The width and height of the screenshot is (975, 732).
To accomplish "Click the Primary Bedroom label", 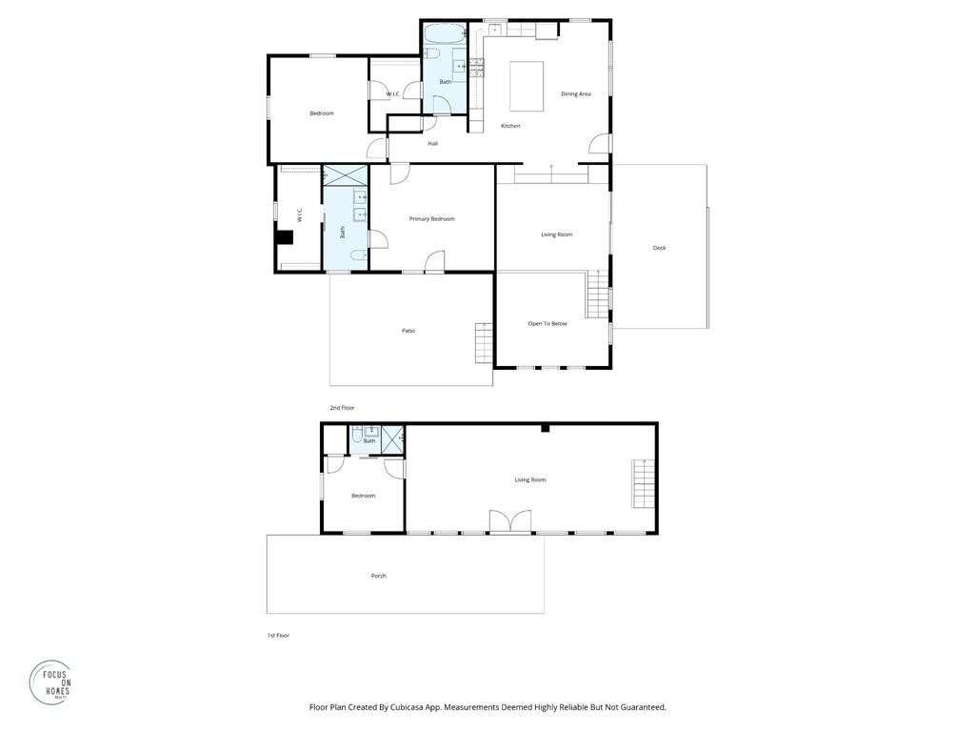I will pyautogui.click(x=431, y=219).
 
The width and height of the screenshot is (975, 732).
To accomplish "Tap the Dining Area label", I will pyautogui.click(x=575, y=93).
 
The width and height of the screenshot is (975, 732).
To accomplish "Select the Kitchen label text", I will pyautogui.click(x=510, y=126).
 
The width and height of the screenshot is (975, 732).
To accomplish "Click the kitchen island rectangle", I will pyautogui.click(x=527, y=87).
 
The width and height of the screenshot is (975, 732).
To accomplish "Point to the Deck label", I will pyautogui.click(x=659, y=248).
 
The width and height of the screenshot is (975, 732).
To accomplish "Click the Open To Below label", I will pyautogui.click(x=547, y=323).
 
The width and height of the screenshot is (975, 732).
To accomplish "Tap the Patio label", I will pyautogui.click(x=408, y=331).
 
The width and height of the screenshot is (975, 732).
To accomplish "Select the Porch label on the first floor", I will pyautogui.click(x=378, y=576).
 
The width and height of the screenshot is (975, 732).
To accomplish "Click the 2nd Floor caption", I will pyautogui.click(x=342, y=408).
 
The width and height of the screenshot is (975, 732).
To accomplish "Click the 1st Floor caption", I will pyautogui.click(x=278, y=635).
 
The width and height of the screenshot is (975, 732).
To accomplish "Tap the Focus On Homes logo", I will pyautogui.click(x=50, y=682).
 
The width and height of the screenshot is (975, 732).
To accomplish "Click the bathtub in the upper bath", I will pyautogui.click(x=444, y=34).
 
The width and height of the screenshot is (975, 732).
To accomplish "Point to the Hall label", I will pyautogui.click(x=432, y=144).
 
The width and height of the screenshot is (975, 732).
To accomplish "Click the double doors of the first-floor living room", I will pyautogui.click(x=509, y=522).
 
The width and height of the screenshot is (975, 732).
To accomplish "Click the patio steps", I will pyautogui.click(x=484, y=342).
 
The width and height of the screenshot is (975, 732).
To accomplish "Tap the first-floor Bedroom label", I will pyautogui.click(x=363, y=496).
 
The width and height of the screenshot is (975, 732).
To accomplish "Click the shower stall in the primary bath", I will pyautogui.click(x=345, y=175).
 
